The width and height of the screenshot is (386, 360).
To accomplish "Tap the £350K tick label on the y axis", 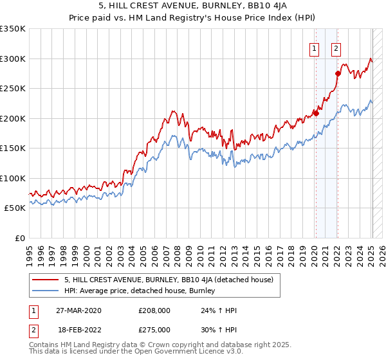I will click(x=13, y=29).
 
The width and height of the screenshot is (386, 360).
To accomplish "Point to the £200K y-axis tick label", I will click(x=13, y=118).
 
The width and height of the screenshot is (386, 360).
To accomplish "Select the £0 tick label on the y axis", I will click(x=19, y=238).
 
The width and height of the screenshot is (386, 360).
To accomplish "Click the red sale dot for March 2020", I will click(x=316, y=114).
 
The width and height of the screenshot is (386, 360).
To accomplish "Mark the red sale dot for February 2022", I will click(x=337, y=74).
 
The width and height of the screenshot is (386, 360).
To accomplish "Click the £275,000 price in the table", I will click(x=154, y=329).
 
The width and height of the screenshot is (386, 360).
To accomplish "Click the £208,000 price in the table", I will click(x=154, y=310).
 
